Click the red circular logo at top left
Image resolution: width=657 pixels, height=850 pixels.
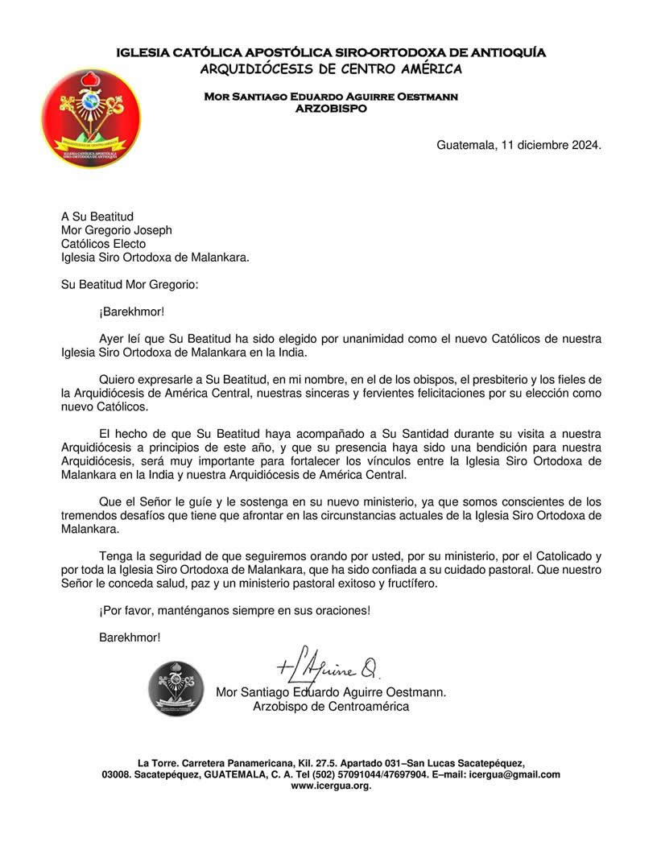91,117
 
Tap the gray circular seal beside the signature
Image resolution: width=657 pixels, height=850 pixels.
176,688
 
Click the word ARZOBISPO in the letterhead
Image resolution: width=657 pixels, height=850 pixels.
331,107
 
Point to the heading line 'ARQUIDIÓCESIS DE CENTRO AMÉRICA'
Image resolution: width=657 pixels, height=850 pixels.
331,68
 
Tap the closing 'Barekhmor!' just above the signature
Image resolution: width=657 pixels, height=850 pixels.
130,637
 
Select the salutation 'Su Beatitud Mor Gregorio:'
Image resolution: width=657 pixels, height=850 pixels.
129,284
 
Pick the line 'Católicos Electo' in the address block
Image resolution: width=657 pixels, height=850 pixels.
104,244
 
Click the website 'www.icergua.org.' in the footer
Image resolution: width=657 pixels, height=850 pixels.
331,786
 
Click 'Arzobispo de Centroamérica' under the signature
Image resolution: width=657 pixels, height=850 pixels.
331,706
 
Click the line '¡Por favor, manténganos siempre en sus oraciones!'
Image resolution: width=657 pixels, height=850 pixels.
235,610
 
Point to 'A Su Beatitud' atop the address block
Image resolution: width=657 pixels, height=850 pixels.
97,217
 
